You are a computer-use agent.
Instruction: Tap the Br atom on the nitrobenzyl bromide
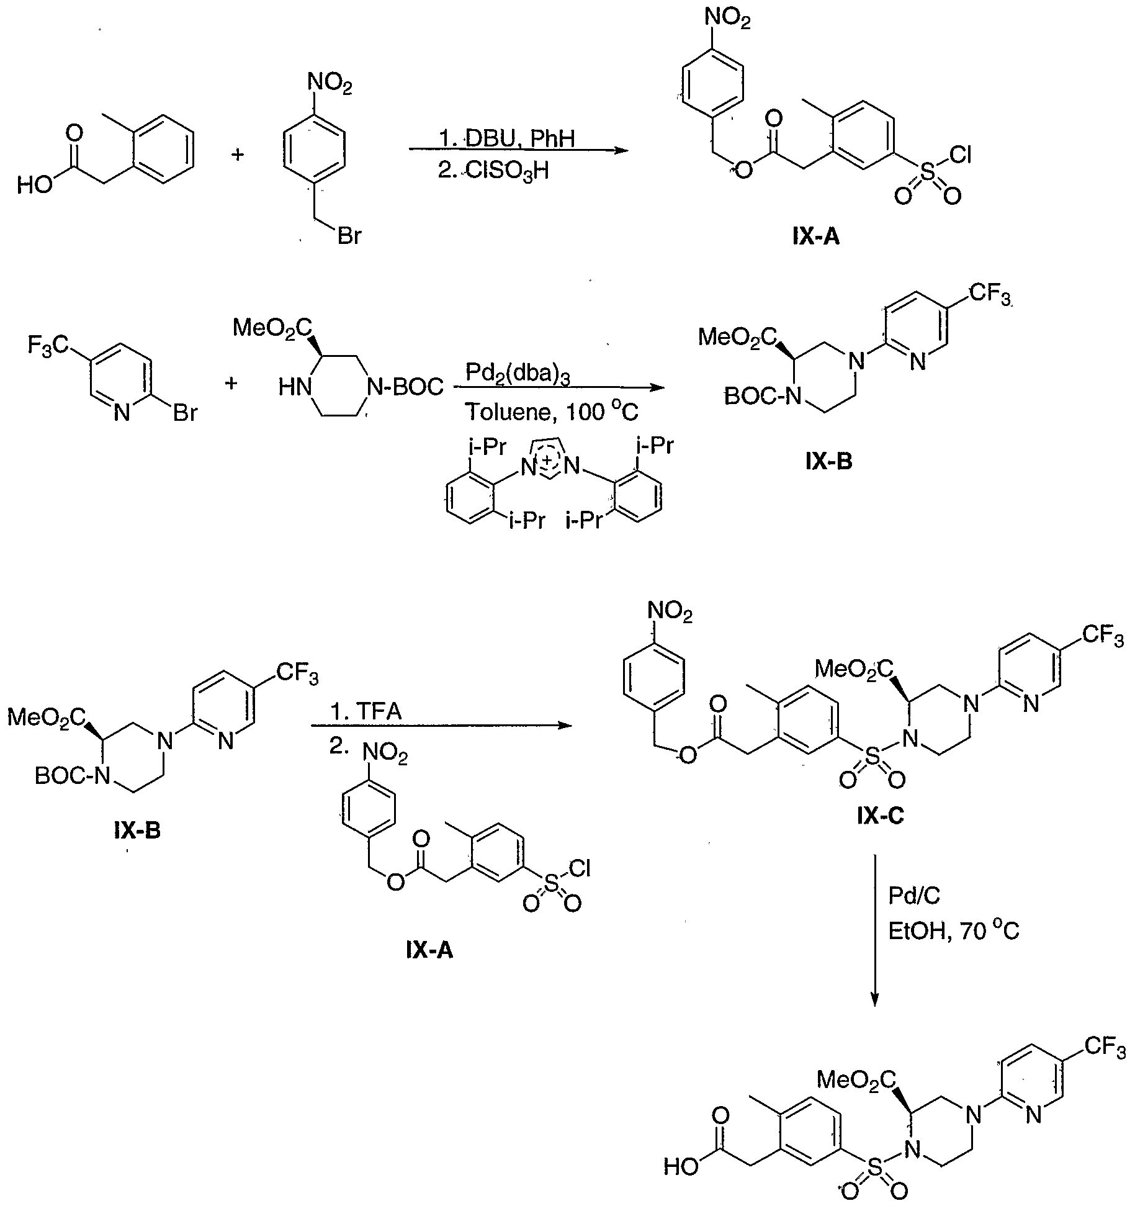tap(349, 236)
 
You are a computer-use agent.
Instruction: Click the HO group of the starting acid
tap(35, 185)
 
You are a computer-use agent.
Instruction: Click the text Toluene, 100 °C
tap(552, 412)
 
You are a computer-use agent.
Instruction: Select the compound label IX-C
tap(880, 816)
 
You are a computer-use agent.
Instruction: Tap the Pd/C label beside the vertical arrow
tap(913, 896)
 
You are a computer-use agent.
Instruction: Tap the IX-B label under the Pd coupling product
tap(829, 462)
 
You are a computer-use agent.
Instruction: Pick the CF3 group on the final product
tap(1105, 1048)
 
